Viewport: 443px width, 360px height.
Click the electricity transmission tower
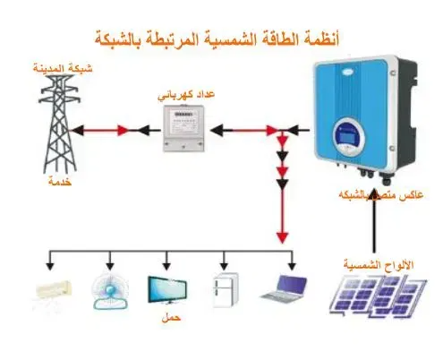[60, 124]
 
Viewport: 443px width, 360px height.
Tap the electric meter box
[183, 128]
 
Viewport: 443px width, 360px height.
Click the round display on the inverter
[348, 137]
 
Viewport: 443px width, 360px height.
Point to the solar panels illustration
[379, 296]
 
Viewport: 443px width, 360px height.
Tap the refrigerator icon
[226, 289]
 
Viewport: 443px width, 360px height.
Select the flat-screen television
[167, 290]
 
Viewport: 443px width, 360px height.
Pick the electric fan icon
[110, 290]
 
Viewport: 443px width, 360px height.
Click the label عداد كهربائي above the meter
[186, 95]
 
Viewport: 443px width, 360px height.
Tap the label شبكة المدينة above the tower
[63, 68]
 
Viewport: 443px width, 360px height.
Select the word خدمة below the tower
[60, 182]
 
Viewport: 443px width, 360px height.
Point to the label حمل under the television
[171, 318]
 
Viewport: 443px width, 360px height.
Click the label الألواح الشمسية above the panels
[379, 264]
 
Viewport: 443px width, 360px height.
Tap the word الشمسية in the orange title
[227, 39]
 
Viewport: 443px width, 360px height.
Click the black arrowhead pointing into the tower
[77, 131]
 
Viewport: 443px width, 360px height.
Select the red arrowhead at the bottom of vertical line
[282, 237]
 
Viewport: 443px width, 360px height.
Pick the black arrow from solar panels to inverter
[373, 221]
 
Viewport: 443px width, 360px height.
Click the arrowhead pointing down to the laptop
[292, 266]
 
